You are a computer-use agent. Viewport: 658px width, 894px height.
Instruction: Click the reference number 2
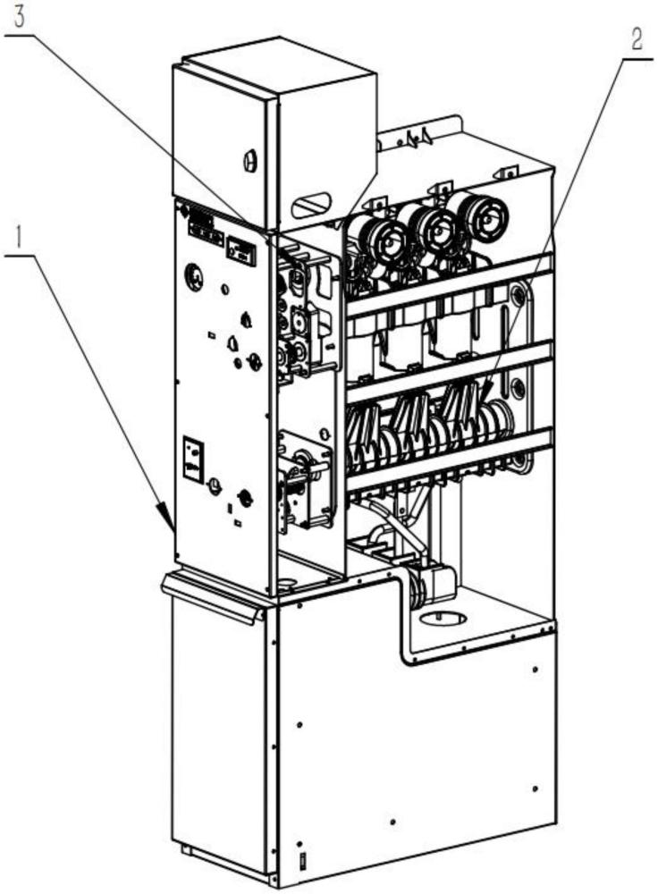coord(636,40)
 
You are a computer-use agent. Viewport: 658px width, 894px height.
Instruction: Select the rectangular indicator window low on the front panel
coord(191,458)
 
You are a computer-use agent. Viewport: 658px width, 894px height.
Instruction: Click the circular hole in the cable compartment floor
coord(443,618)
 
